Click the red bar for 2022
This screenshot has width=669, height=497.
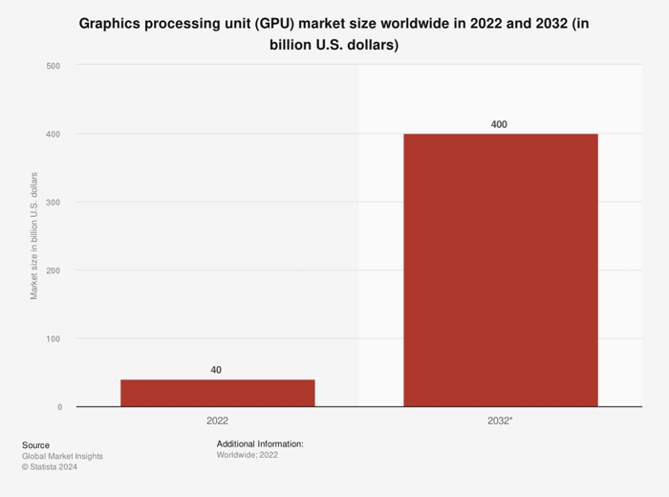pos(217,393)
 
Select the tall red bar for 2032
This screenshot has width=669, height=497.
pos(500,270)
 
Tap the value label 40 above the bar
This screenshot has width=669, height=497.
pos(217,370)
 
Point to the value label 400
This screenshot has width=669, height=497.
pos(500,124)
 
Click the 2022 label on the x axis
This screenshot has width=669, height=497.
pos(217,421)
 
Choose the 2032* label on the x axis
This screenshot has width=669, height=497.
pos(500,421)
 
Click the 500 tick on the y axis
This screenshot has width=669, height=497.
pos(54,66)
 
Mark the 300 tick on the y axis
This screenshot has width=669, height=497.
pos(54,203)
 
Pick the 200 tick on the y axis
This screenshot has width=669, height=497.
pos(54,270)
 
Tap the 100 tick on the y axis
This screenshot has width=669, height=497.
pos(54,339)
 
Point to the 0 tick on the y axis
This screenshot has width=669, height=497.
pos(59,407)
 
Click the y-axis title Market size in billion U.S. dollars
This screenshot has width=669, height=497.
pos(34,236)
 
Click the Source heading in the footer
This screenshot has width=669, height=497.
pos(35,445)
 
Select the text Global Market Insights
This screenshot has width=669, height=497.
pos(62,457)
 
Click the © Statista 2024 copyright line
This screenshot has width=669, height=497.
pos(50,467)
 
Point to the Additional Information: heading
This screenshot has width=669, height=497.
pos(260,444)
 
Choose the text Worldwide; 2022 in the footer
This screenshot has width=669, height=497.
pos(248,456)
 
